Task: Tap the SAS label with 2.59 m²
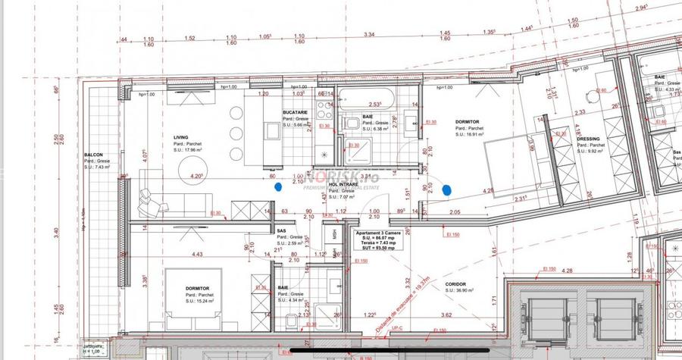coord(280,230)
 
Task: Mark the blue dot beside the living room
coord(278,185)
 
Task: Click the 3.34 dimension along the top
coord(370,35)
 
